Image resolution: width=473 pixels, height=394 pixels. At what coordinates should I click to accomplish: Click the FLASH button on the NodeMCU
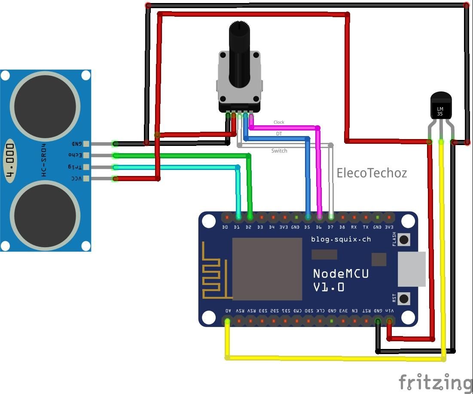click(x=404, y=239)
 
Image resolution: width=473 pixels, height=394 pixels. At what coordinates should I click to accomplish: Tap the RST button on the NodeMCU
click(x=404, y=298)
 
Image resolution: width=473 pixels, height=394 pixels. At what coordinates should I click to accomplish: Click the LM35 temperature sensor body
click(x=440, y=106)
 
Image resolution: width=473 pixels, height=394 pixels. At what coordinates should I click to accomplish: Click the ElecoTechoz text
click(x=371, y=173)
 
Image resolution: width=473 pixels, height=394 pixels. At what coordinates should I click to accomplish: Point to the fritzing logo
click(x=435, y=382)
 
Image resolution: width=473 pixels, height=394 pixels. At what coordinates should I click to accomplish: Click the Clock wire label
click(x=279, y=122)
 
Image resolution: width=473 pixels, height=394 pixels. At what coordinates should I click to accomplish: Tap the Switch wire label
click(x=279, y=151)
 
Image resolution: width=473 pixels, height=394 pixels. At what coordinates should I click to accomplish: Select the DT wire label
click(x=279, y=133)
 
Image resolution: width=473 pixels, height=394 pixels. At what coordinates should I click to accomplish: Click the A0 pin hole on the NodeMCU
click(x=228, y=321)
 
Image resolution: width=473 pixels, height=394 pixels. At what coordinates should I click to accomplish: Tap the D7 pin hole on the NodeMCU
click(x=331, y=218)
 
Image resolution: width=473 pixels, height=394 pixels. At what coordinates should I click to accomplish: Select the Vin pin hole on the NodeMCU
click(x=390, y=321)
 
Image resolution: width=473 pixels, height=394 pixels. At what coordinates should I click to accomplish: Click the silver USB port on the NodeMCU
click(x=412, y=269)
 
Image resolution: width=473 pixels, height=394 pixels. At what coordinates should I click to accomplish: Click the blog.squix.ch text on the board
click(x=341, y=239)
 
